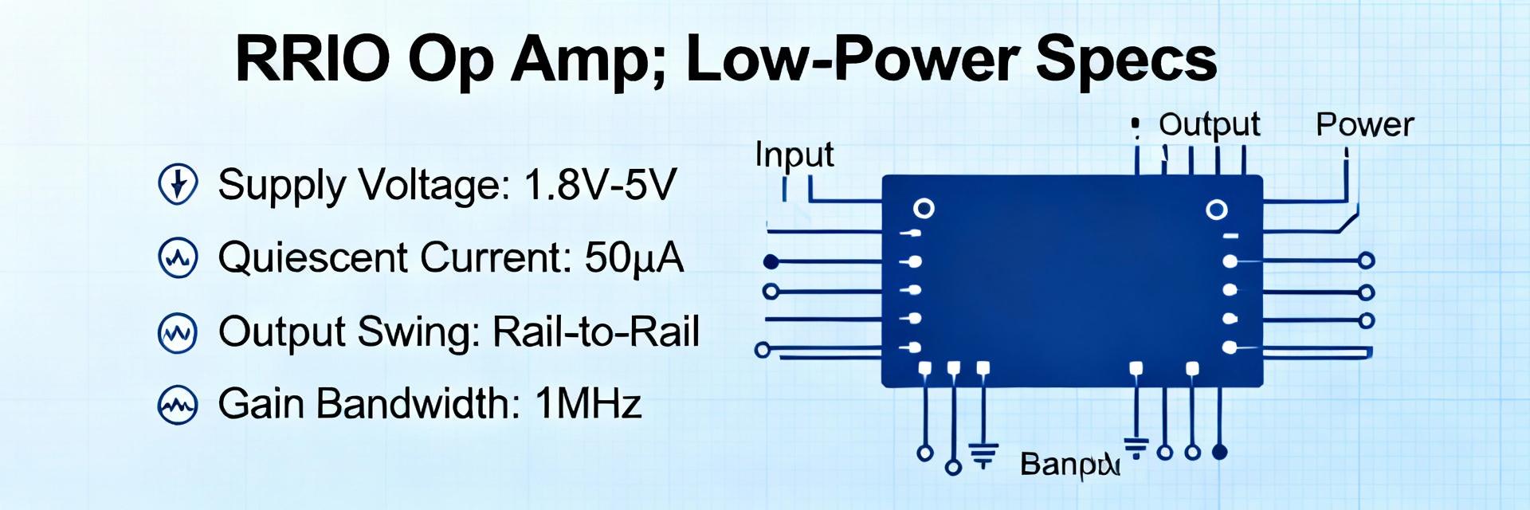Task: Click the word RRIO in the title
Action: pyautogui.click(x=312, y=59)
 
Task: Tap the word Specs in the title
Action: pyautogui.click(x=1126, y=61)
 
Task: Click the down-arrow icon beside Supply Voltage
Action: pyautogui.click(x=178, y=184)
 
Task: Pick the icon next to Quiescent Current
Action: pyautogui.click(x=178, y=257)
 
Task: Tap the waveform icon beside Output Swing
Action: pyautogui.click(x=178, y=332)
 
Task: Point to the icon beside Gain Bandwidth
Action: pyautogui.click(x=178, y=406)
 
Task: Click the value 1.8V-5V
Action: pyautogui.click(x=600, y=185)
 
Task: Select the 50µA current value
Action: pyautogui.click(x=634, y=257)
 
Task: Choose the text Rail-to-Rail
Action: pyautogui.click(x=596, y=331)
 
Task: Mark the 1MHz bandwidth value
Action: pyautogui.click(x=588, y=403)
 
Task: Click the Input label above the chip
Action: pyautogui.click(x=794, y=155)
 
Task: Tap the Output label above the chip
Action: pyautogui.click(x=1209, y=125)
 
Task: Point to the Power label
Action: pyautogui.click(x=1364, y=124)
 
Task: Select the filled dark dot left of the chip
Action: pyautogui.click(x=771, y=261)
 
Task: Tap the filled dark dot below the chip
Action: pyautogui.click(x=1218, y=453)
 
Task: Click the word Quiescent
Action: pyautogui.click(x=312, y=258)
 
